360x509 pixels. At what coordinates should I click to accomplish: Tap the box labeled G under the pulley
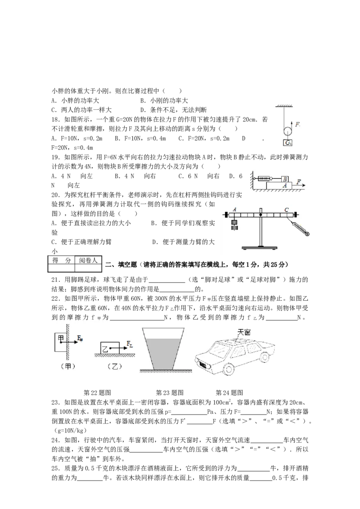(x=288, y=143)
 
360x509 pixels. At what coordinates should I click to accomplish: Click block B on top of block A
(x=285, y=179)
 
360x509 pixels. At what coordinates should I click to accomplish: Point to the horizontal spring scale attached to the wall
(x=264, y=178)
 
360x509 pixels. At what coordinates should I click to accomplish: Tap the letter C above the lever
(x=286, y=210)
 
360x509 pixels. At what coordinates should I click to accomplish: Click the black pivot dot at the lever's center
(x=261, y=214)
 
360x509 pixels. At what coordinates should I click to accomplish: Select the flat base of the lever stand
(x=260, y=248)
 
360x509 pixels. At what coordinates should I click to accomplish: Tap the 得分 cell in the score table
(x=61, y=260)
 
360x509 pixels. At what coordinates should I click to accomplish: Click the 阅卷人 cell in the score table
(x=88, y=260)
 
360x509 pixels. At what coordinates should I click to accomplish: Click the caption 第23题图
(x=170, y=393)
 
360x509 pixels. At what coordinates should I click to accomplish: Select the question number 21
(x=55, y=280)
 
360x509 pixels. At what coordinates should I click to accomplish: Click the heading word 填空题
(x=127, y=264)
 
